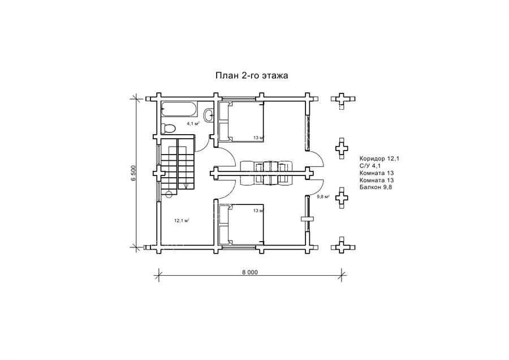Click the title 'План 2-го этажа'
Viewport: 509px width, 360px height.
pos(252,75)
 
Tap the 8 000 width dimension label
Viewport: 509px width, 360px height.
pos(250,272)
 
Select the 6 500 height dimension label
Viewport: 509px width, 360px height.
pos(134,173)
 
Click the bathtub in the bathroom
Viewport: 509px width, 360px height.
pos(178,109)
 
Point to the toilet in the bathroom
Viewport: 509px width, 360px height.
pos(168,128)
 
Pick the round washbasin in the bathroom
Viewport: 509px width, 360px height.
pos(209,115)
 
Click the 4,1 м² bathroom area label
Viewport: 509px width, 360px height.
pos(193,123)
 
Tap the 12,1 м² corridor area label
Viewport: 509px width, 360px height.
pos(182,221)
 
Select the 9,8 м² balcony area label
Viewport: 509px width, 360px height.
pos(323,196)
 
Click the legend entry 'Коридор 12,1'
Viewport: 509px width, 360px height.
pos(379,158)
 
